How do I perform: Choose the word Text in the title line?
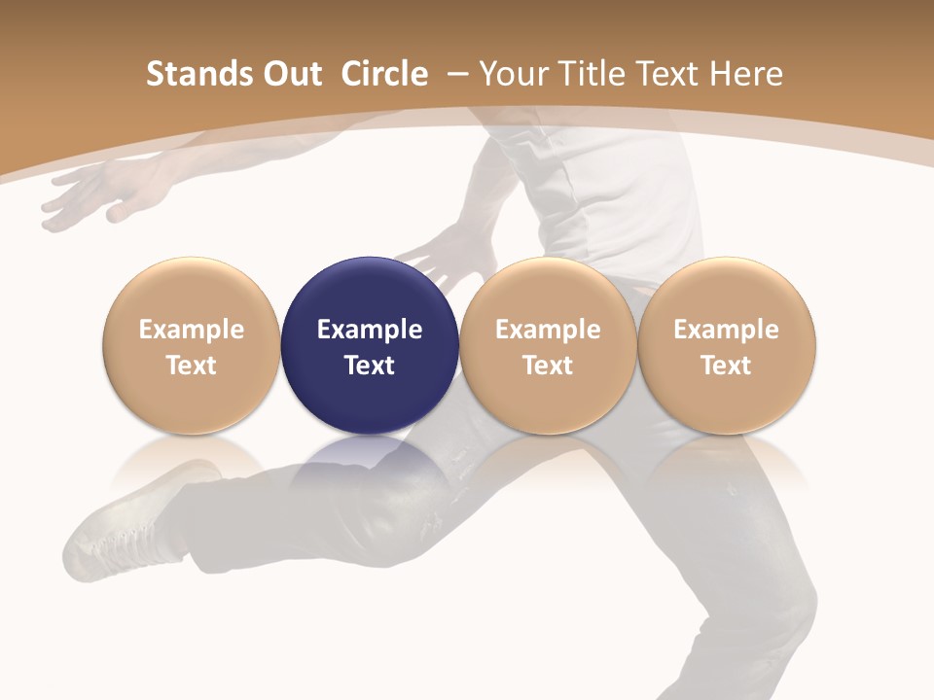665,74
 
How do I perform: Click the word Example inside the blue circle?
370,330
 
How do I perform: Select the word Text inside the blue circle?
370,366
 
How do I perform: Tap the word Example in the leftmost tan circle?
192,330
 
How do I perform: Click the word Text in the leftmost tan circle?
192,366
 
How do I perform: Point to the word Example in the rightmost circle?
726,330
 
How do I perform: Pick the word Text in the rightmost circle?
726,366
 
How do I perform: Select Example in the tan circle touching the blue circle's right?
548,330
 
